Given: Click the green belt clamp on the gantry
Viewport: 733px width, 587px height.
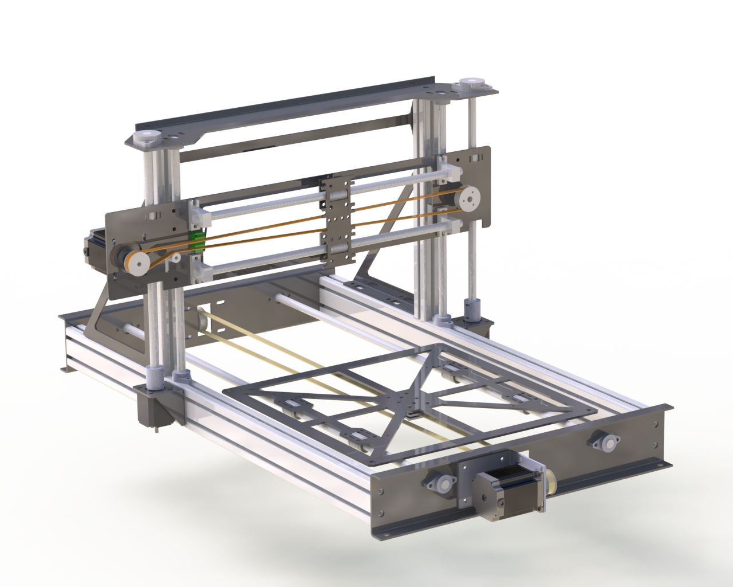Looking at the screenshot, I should pyautogui.click(x=196, y=242).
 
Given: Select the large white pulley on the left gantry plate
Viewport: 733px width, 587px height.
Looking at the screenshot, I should pyautogui.click(x=137, y=263).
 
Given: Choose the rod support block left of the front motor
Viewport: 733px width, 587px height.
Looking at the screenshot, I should pyautogui.click(x=441, y=482).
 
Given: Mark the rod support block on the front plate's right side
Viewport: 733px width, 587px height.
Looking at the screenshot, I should pyautogui.click(x=598, y=440).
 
